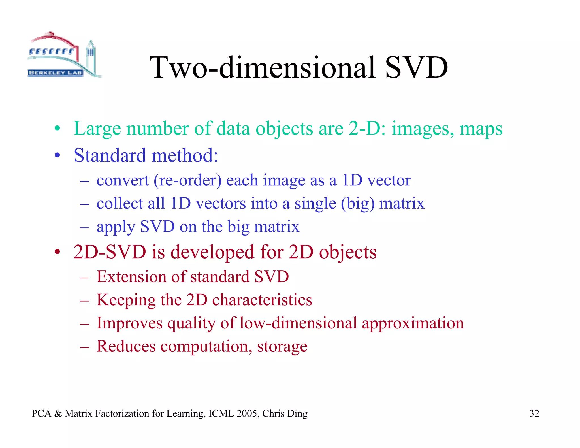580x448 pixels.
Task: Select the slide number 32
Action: pyautogui.click(x=534, y=413)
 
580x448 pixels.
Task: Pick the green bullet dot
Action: pyautogui.click(x=57, y=129)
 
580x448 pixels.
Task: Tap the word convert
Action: pyautogui.click(x=123, y=180)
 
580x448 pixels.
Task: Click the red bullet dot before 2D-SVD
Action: pyautogui.click(x=57, y=252)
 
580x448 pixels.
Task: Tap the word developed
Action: pyautogui.click(x=212, y=252)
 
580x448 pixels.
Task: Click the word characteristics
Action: pyautogui.click(x=262, y=300)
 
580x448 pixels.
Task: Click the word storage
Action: pyautogui.click(x=282, y=347)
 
